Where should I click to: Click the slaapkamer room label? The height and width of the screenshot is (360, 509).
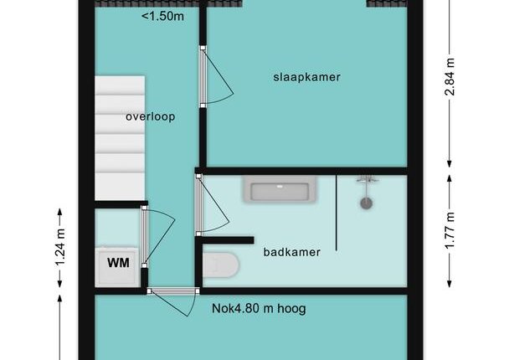(306, 77)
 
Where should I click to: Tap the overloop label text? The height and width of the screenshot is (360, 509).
(151, 116)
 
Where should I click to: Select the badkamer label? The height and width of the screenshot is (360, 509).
(292, 252)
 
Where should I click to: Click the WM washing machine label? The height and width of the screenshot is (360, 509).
(119, 263)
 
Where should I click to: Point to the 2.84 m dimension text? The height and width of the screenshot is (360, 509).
(450, 77)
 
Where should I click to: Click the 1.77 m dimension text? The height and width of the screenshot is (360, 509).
(450, 230)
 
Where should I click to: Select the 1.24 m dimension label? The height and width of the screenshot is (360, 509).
(60, 247)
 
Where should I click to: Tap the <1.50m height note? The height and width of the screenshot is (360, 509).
(162, 16)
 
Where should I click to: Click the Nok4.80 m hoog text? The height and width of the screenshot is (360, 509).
(259, 308)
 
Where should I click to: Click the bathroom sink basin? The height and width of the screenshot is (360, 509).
(280, 189)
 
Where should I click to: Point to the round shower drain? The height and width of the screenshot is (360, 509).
(366, 203)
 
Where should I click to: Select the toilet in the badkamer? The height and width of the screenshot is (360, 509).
(221, 265)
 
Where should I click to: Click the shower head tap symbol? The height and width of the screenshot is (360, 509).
(367, 179)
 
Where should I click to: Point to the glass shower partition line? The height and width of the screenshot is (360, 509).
(337, 213)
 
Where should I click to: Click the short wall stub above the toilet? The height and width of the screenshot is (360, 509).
(228, 240)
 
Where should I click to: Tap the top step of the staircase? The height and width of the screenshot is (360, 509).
(120, 85)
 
